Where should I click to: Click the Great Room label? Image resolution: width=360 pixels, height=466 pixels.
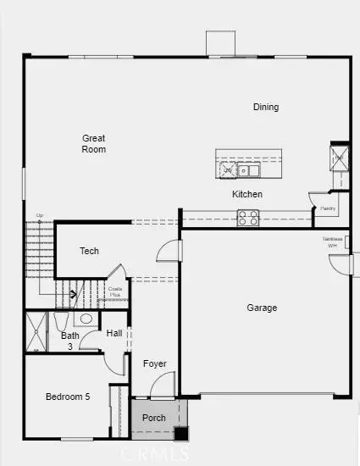point(94,143)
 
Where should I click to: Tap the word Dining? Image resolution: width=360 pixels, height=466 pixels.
point(266,107)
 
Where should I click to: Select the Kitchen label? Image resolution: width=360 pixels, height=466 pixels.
point(247,194)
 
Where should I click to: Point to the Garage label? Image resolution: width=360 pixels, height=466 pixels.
point(262,308)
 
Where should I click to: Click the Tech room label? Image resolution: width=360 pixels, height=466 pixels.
point(90,251)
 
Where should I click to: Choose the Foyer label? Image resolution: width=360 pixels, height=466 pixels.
point(155,364)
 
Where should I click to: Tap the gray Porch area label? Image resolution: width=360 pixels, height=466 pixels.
point(153,418)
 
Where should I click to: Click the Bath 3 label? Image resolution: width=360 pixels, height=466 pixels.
point(70,341)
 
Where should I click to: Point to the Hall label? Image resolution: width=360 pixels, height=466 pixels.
point(114,333)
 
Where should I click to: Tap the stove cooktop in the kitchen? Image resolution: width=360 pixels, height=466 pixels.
point(247,219)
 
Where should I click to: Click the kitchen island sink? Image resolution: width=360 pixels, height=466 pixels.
point(249,170)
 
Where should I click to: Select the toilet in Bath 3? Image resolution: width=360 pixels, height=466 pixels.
point(61,323)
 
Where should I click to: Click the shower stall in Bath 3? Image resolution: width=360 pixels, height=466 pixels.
point(36,332)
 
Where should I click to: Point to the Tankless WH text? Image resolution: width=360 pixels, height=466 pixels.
point(332,242)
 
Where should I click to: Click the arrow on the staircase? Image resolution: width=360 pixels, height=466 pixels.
point(73,295)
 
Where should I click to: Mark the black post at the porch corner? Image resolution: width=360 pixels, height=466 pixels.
point(180,433)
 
